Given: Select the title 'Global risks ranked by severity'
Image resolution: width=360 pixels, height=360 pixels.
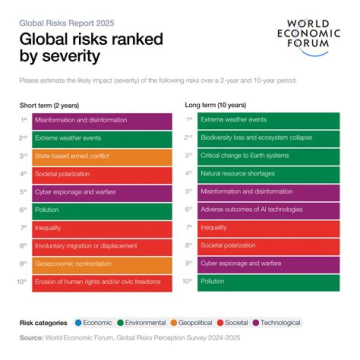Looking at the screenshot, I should coord(91,47).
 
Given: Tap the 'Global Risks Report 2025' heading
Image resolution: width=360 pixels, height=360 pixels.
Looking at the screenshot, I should coord(66,23).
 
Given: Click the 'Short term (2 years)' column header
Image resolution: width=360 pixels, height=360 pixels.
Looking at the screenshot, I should coord(49,105).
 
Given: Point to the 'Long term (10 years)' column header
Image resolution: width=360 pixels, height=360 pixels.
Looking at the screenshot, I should coord(215,105).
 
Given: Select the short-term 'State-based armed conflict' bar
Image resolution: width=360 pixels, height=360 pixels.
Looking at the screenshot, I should coord(102,156).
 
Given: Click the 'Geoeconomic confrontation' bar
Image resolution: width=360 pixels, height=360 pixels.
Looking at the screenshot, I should coord(102,264).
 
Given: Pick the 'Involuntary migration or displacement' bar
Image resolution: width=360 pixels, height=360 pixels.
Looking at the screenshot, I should coord(102,246).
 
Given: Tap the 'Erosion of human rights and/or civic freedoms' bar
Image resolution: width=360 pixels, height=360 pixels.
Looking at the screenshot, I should coord(102,282).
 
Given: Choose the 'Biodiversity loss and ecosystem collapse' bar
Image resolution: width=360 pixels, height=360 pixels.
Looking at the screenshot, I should coord(268,137).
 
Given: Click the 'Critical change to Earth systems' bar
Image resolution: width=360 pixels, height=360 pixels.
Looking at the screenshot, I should coord(268,155).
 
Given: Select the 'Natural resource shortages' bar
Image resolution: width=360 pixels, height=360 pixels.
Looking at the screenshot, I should coord(268,173).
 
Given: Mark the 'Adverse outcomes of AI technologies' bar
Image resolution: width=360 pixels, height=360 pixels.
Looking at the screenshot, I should coord(268,209).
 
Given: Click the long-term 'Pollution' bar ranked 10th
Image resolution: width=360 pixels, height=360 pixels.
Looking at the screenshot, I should coord(268,281).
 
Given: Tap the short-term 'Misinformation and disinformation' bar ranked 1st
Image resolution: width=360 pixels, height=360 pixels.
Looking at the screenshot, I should coord(102,120).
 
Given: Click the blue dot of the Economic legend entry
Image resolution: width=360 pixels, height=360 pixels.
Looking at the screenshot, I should coord(77,323).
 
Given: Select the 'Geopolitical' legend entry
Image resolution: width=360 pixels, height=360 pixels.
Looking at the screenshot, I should coord(191,323).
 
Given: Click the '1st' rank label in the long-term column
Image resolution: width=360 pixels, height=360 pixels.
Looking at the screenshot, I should coord(189,119).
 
